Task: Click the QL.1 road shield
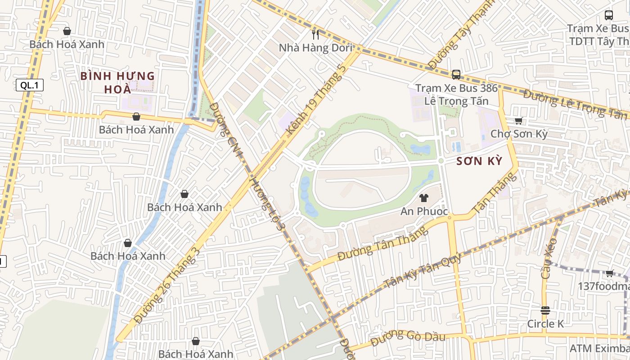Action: [x=30, y=85]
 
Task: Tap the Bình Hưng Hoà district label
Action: [x=117, y=82]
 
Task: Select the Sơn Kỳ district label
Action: [x=479, y=162]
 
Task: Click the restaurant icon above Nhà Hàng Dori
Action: [x=315, y=34]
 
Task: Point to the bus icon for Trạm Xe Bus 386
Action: [x=456, y=74]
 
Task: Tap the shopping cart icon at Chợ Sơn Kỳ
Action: [x=518, y=121]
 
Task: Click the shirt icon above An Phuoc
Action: [x=423, y=198]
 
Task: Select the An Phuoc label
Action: [x=424, y=211]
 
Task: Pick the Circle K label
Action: [x=545, y=324]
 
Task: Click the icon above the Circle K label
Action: [x=545, y=310]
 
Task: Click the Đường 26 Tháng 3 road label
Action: [x=167, y=285]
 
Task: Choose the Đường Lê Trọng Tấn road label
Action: [x=576, y=104]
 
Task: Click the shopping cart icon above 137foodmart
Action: [x=609, y=273]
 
